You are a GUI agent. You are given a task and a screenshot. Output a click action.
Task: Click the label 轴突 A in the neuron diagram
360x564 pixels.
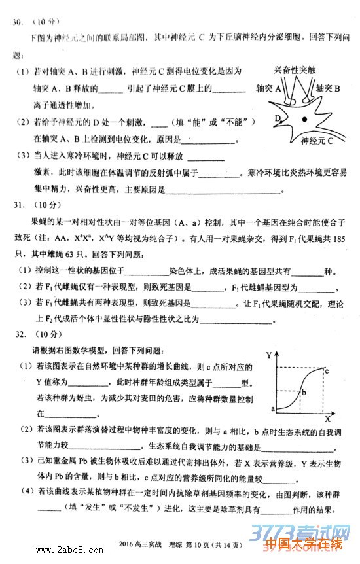[268, 88]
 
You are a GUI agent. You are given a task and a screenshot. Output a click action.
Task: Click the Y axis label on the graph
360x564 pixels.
[270, 355]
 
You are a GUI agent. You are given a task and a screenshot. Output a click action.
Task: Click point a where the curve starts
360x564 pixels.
[272, 408]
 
